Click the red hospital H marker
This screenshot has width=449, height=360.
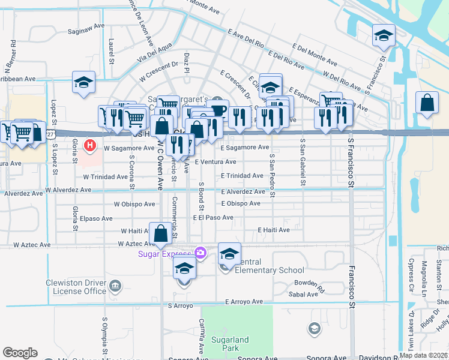pyautogui.click(x=90, y=145)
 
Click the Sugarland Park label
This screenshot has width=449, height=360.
pyautogui.click(x=230, y=344)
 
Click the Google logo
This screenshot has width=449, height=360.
pyautogui.click(x=20, y=353)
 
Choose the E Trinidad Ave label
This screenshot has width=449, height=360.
pyautogui.click(x=242, y=176)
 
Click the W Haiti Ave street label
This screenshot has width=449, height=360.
pyautogui.click(x=139, y=230)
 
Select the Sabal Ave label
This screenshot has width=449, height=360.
pyautogui.click(x=304, y=295)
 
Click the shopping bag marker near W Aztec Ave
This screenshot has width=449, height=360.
pyautogui.click(x=161, y=235)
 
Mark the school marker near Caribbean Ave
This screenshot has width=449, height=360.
pyautogui.click(x=84, y=83)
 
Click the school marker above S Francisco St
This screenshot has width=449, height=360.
pyautogui.click(x=384, y=36)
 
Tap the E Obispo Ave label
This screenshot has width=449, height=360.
pyautogui.click(x=240, y=203)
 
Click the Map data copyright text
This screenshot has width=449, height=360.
pyautogui.click(x=424, y=355)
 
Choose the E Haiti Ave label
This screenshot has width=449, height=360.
pyautogui.click(x=274, y=230)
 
